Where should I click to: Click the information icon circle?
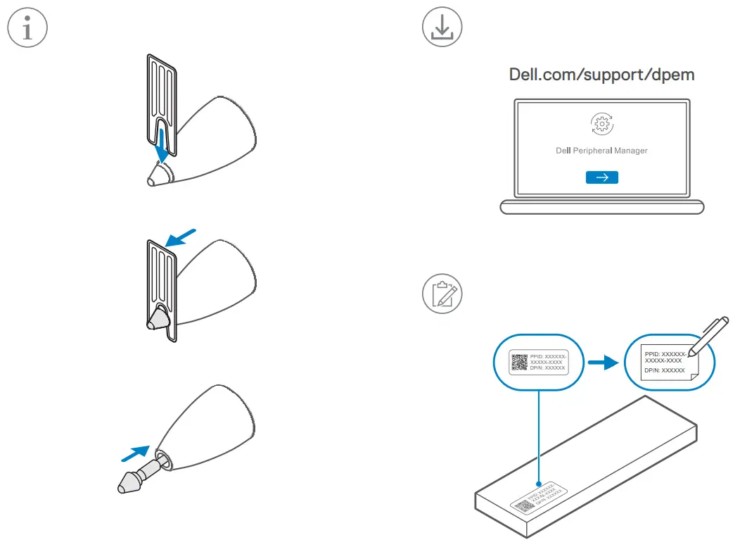pos(27,28)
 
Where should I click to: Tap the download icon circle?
pos(442,28)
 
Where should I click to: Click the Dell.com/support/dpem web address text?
pos(601,75)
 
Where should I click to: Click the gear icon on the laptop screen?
pos(601,124)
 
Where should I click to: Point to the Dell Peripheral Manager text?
pos(601,151)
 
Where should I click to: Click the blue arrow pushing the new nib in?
pos(134,453)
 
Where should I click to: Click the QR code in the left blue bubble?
pos(519,363)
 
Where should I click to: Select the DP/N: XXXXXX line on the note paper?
pos(663,370)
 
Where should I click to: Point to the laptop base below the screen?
pos(601,208)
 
